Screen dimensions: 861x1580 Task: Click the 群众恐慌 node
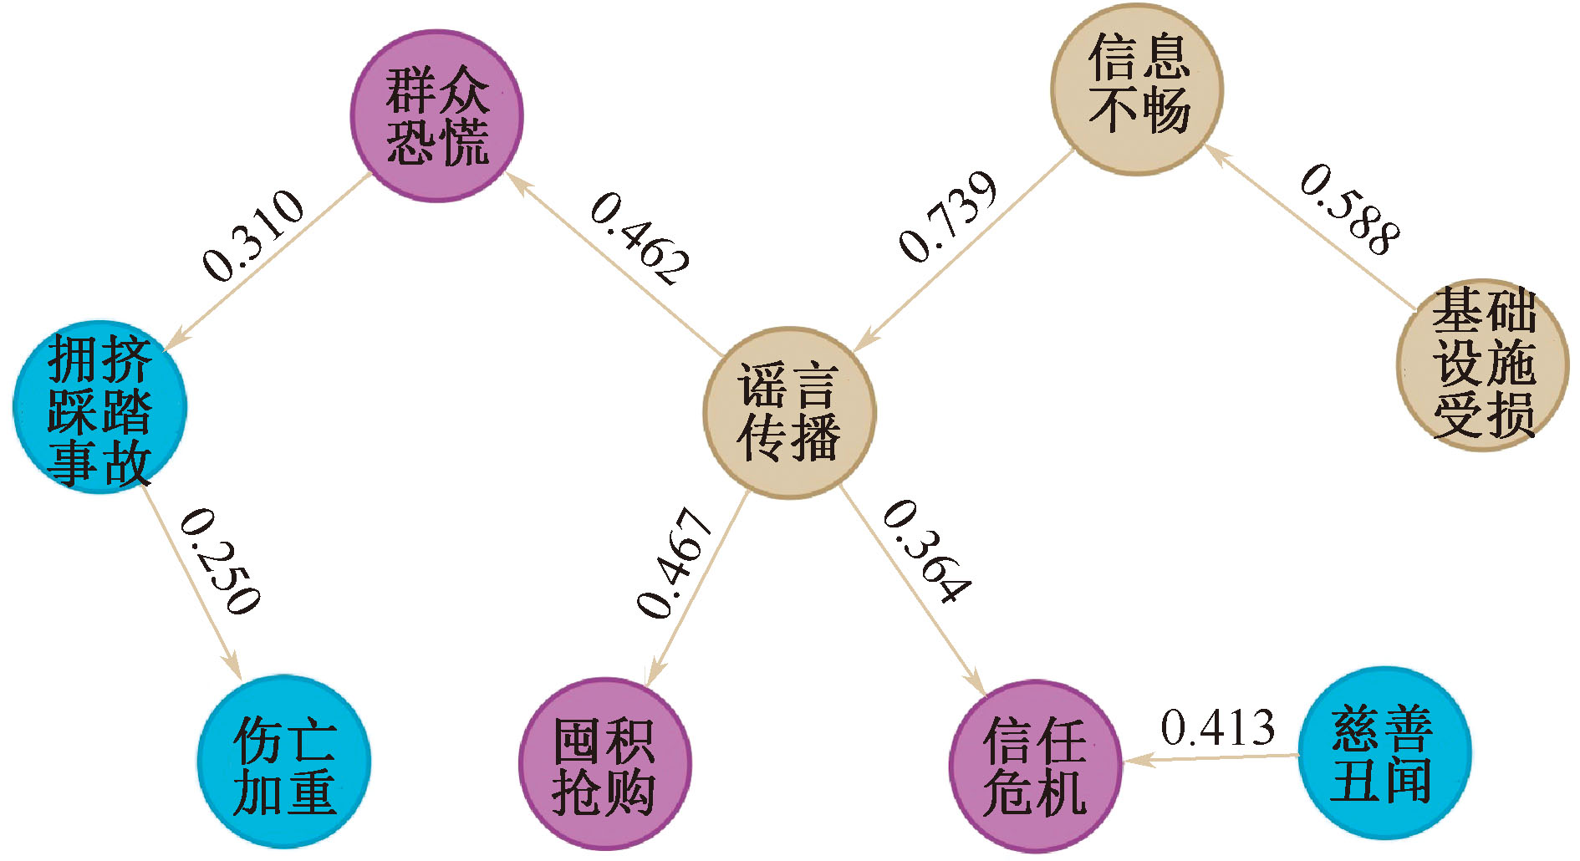tap(436, 116)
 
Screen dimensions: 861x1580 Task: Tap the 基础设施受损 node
tap(1483, 364)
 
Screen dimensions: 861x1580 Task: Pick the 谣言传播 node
tap(789, 412)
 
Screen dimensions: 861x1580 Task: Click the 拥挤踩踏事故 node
tap(99, 407)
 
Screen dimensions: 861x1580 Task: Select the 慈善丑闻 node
tap(1384, 752)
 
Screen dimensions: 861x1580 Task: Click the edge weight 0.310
tap(253, 237)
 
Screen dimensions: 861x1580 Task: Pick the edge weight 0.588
tap(1349, 209)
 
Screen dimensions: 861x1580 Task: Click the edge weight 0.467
tap(674, 563)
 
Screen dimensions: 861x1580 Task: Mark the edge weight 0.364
tap(927, 551)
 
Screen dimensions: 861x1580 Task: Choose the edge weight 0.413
tap(1217, 727)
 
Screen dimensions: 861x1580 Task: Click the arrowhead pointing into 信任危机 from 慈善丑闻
tap(1135, 761)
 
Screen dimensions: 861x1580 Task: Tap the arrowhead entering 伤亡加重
tap(233, 668)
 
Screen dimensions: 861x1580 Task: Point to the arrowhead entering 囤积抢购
tap(655, 672)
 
